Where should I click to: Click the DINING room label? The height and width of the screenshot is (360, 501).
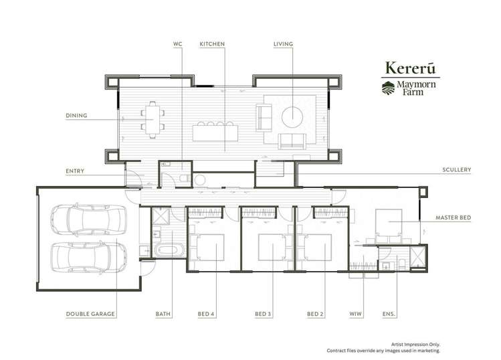tap(76, 115)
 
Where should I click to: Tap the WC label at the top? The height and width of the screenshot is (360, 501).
tap(178, 43)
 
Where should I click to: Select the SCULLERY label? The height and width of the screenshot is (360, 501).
tap(457, 170)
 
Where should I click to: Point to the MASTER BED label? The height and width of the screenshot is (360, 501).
tap(454, 217)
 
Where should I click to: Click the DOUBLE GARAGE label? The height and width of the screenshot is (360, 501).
tap(90, 314)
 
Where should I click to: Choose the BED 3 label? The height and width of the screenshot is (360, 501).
tap(263, 314)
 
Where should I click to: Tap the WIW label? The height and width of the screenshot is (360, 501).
tap(356, 314)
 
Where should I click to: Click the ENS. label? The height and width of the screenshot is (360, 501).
tap(389, 314)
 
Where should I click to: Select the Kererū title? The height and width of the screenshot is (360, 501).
tap(411, 68)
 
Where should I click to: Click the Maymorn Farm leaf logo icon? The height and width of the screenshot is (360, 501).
tap(388, 88)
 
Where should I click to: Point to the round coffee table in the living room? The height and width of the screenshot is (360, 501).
tap(292, 117)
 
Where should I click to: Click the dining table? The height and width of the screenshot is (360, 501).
tap(153, 119)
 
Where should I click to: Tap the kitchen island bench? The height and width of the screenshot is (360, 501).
tap(215, 132)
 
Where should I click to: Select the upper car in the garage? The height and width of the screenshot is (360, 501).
tap(88, 219)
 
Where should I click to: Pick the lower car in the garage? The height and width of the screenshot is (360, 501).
tap(88, 258)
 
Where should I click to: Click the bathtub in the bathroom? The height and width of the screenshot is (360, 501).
tap(169, 250)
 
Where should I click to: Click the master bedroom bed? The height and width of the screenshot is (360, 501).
tap(389, 223)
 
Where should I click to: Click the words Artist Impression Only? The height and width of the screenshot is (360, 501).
tap(415, 345)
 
